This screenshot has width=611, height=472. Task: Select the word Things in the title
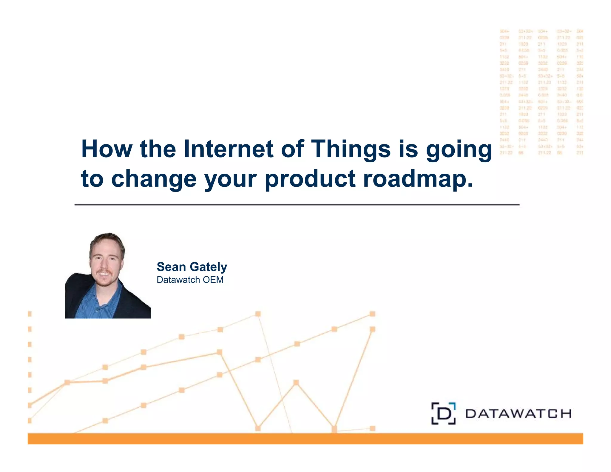click(351, 149)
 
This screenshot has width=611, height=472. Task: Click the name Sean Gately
click(192, 267)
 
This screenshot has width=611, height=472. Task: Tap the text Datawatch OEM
click(190, 280)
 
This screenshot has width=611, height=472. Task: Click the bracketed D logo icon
click(443, 414)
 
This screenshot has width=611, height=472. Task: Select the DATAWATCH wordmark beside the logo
click(518, 414)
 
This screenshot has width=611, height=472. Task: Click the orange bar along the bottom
click(305, 439)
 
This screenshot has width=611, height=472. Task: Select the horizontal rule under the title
click(297, 205)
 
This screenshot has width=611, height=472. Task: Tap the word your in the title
click(230, 179)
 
